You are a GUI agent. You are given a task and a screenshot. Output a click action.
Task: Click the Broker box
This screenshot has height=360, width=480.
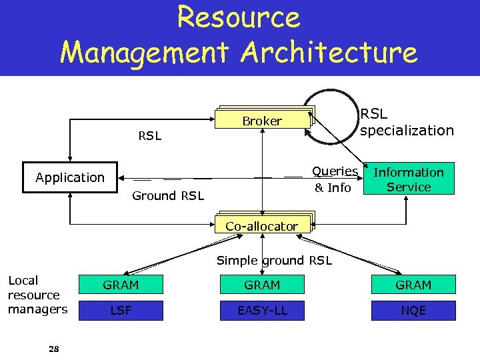[262, 121]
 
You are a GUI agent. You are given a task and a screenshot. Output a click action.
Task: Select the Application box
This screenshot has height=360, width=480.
[70, 177]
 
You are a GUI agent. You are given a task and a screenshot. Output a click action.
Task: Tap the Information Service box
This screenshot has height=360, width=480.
[409, 179]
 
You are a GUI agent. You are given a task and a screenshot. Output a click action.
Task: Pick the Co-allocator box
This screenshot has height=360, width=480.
[261, 226]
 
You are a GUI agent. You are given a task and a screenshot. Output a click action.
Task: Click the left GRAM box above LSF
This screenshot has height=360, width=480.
[121, 285]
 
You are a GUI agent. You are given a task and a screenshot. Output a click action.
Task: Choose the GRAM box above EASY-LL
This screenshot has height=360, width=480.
[262, 285]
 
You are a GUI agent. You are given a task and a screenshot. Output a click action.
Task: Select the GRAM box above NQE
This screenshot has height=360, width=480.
[413, 285]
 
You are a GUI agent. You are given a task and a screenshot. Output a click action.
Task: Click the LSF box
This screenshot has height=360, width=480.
[121, 311]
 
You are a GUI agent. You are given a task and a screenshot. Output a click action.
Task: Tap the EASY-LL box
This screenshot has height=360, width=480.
[262, 311]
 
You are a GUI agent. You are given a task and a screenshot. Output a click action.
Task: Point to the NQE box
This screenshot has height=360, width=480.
[413, 311]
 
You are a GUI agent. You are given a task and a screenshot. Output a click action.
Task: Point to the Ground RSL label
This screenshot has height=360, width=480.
[168, 195]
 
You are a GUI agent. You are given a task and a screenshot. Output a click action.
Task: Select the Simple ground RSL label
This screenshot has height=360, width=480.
[274, 261]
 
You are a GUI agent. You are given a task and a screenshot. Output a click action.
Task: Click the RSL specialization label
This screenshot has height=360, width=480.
[407, 122]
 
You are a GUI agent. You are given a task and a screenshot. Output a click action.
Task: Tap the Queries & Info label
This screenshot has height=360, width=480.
[335, 179]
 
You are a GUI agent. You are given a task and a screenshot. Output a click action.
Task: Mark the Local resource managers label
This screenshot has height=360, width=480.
[37, 295]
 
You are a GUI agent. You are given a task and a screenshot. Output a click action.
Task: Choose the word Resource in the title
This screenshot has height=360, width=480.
[239, 18]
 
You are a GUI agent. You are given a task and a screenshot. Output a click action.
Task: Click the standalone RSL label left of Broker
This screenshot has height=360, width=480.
[149, 136]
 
